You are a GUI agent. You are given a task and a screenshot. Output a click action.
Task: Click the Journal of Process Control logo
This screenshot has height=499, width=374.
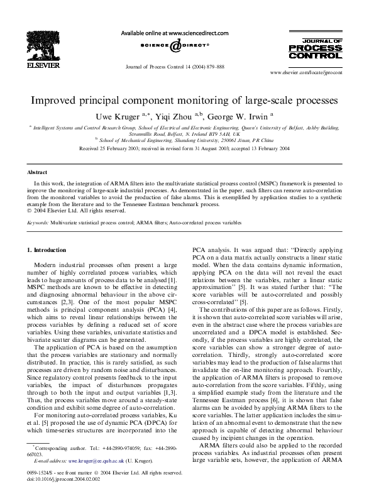tap(316, 48)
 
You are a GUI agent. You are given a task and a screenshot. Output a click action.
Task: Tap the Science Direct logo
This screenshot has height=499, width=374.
tap(175, 46)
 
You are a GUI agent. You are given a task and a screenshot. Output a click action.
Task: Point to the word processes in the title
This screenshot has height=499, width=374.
tap(316, 101)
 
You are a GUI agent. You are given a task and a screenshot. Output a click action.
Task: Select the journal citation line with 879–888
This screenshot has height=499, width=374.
tap(175, 66)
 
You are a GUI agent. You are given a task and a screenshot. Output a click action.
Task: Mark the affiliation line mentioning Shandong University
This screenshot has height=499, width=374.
tap(187, 141)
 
